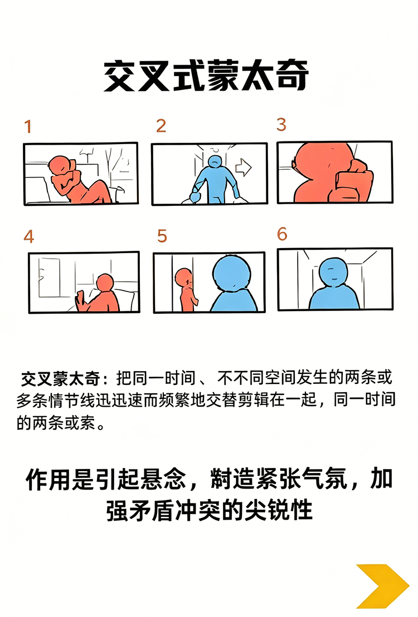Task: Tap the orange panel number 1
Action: point(27,127)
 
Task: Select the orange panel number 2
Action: point(161,126)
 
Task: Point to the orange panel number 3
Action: point(281,124)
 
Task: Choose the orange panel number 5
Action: point(162,236)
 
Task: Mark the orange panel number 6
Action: point(282,234)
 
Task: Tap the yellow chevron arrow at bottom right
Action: point(382,585)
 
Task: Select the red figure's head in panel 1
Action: point(59,165)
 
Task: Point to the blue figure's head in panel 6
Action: point(333,271)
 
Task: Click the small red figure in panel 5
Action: point(185,289)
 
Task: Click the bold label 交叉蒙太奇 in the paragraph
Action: point(61,379)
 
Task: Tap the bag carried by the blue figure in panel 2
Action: point(195,197)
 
